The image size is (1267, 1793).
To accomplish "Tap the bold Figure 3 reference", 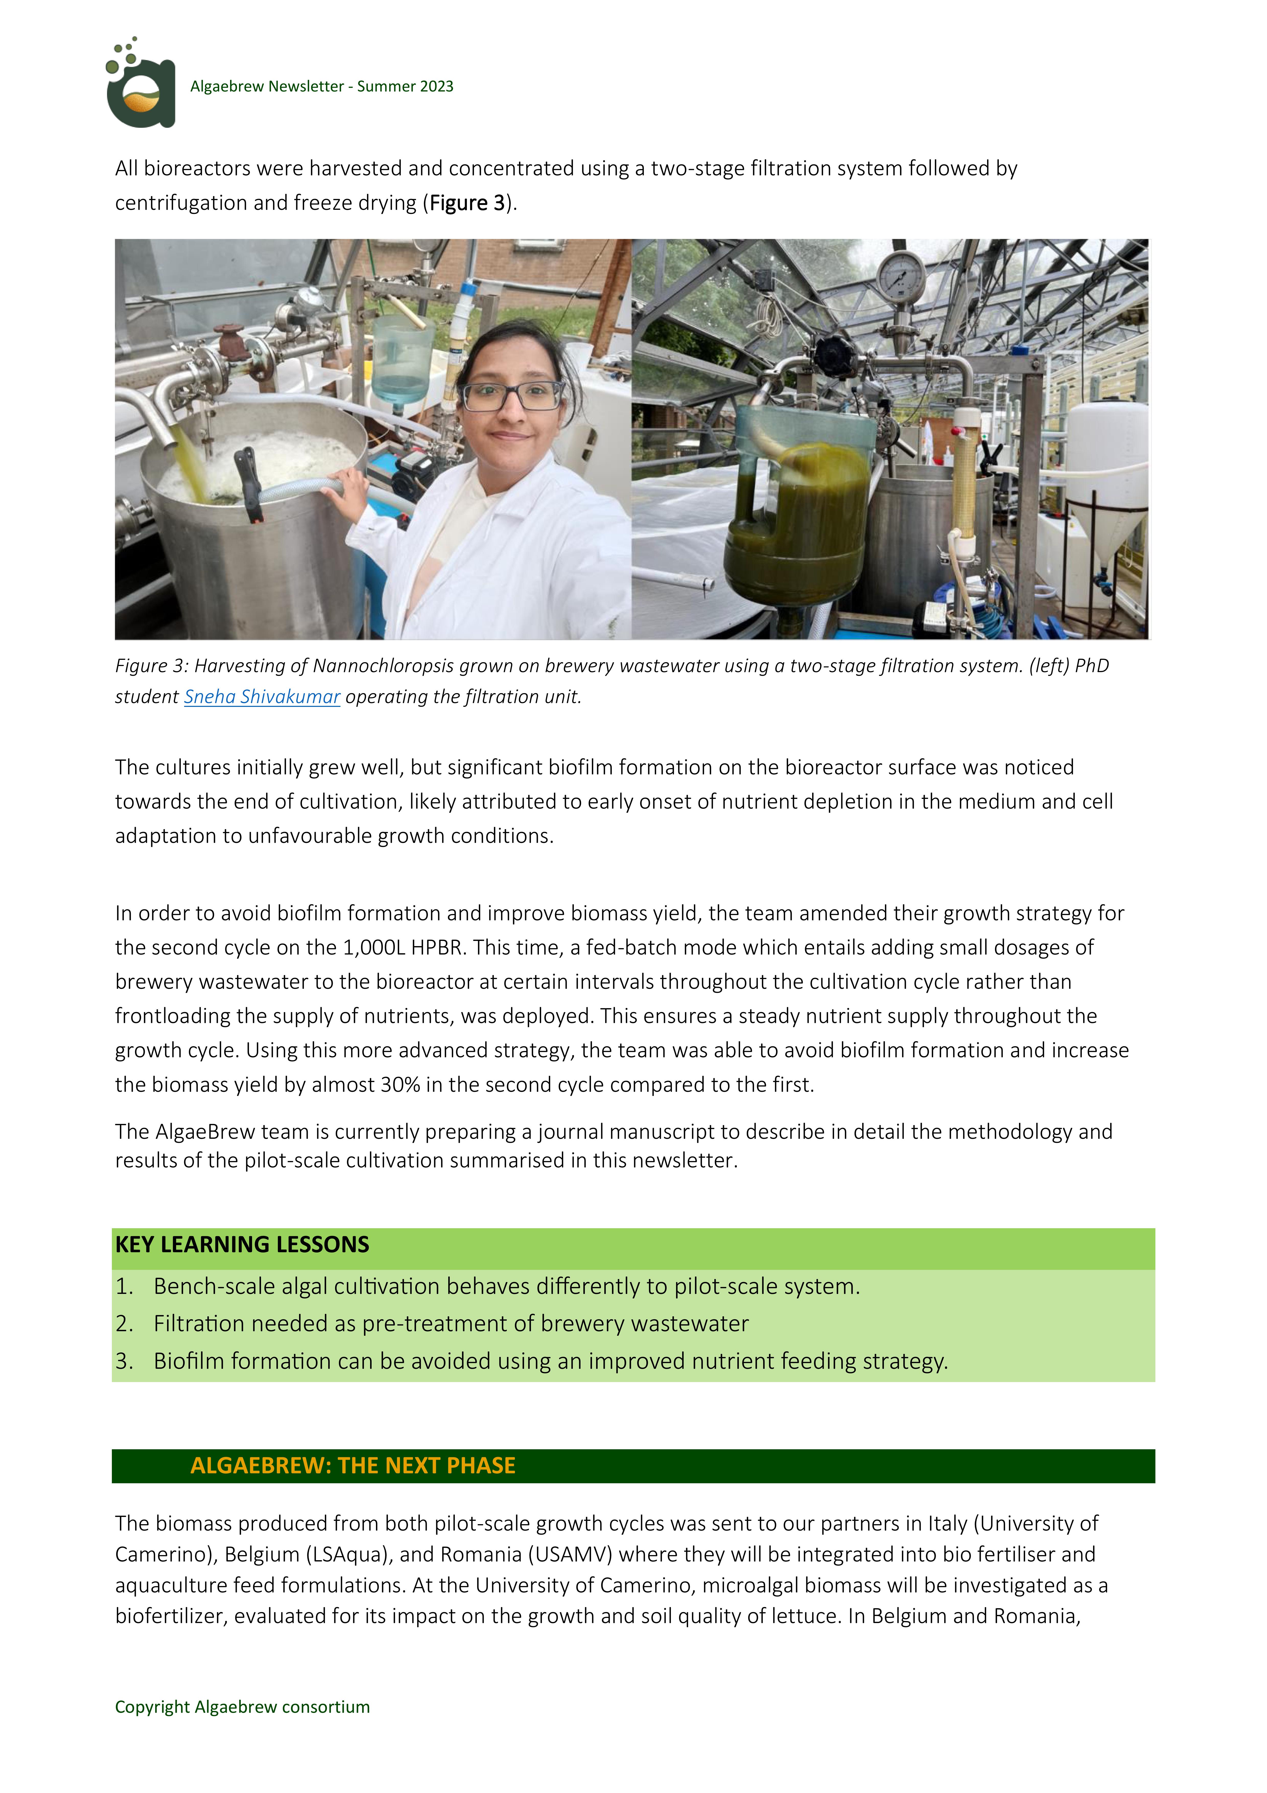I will (467, 203).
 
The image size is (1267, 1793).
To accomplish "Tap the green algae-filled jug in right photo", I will (796, 515).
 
